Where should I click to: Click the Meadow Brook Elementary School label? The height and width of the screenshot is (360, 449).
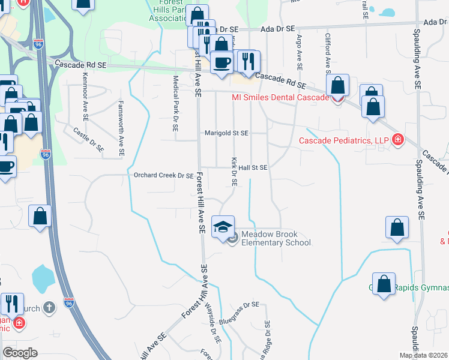(x=276, y=239)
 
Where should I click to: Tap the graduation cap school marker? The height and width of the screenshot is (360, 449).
(x=223, y=226)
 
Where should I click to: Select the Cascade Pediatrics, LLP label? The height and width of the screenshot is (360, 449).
(x=344, y=142)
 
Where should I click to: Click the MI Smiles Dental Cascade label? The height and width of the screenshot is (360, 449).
(x=280, y=97)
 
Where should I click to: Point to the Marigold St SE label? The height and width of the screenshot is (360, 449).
(x=227, y=133)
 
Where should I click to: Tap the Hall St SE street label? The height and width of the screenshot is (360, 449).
(x=253, y=168)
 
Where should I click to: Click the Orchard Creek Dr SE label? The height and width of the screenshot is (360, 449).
(x=163, y=176)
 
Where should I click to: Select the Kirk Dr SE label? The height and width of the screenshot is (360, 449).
(x=234, y=172)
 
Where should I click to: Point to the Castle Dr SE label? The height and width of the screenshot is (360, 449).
(x=89, y=139)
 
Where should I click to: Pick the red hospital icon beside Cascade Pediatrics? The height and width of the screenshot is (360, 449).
(x=397, y=141)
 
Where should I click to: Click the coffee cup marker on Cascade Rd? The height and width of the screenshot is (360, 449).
(x=221, y=62)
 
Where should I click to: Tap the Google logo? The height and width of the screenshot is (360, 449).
(x=20, y=353)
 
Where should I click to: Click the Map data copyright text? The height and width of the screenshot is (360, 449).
(x=423, y=355)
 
